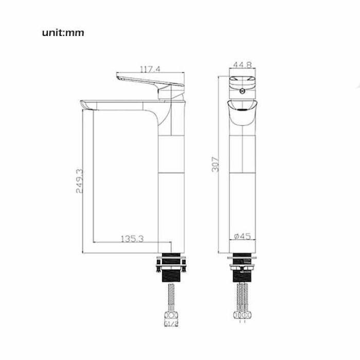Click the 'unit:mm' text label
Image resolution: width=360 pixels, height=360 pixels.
pos(63,32)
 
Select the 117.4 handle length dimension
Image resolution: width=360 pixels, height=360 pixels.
pos(150,69)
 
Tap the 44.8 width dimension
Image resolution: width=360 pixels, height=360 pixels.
pos(242,64)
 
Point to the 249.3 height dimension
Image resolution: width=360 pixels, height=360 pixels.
pos(80,181)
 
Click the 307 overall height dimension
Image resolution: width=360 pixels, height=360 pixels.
pos(215,165)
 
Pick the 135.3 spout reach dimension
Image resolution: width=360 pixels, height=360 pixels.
pos(132,239)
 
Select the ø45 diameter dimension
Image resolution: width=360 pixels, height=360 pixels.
pos(242,236)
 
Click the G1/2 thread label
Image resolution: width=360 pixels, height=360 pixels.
pos(171,323)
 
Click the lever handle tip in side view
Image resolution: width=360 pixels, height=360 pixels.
pos(118,76)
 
